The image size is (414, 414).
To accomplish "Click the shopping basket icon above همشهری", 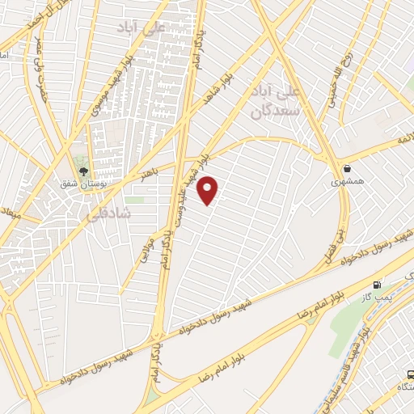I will click(347, 168).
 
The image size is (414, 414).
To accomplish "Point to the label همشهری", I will click(348, 182).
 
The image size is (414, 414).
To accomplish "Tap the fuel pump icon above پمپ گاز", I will click(377, 285).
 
